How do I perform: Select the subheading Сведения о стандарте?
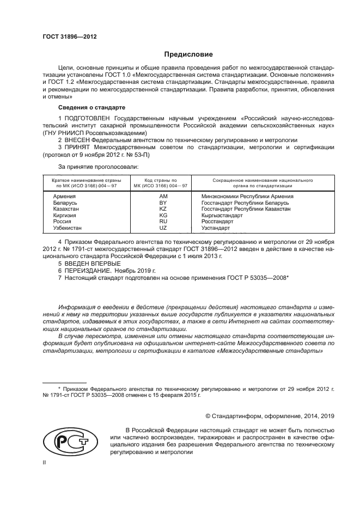(x=91, y=107)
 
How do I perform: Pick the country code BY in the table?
(x=162, y=203)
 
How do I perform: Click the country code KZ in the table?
(x=162, y=209)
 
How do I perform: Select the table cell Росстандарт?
(x=217, y=222)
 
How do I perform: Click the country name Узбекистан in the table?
(x=67, y=228)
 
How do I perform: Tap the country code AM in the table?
(x=162, y=196)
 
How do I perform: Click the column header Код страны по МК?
(x=160, y=182)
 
